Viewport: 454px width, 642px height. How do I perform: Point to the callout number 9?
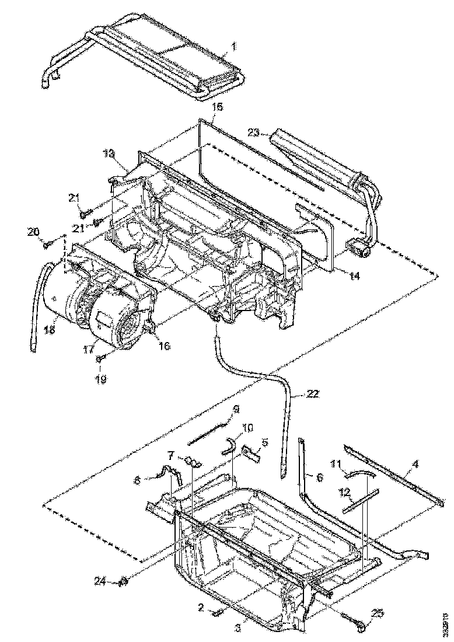236,409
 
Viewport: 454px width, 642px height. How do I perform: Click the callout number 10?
247,428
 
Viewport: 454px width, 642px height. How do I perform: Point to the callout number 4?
415,465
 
